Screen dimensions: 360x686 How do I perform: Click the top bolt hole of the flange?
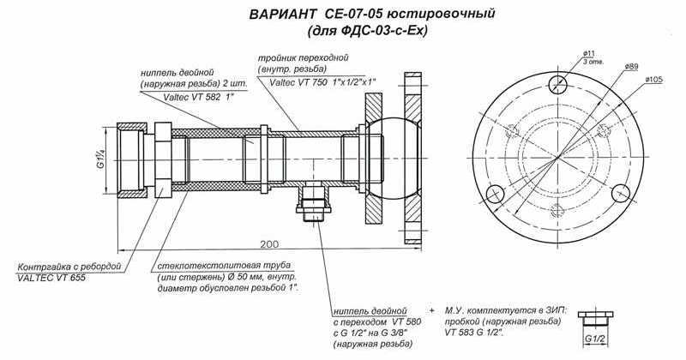click(x=560, y=83)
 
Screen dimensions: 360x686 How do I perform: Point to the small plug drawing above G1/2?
click(x=594, y=318)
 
